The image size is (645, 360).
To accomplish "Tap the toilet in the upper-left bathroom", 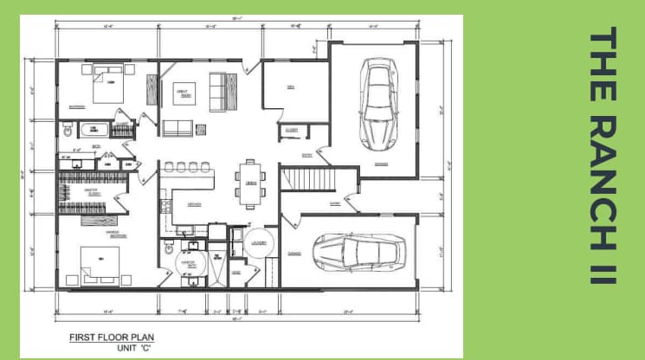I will pyautogui.click(x=68, y=130).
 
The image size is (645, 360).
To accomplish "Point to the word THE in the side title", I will pyautogui.click(x=601, y=56).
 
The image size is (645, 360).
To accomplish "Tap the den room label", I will pyautogui.click(x=291, y=87).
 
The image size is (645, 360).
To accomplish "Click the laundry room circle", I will pyautogui.click(x=259, y=243).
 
